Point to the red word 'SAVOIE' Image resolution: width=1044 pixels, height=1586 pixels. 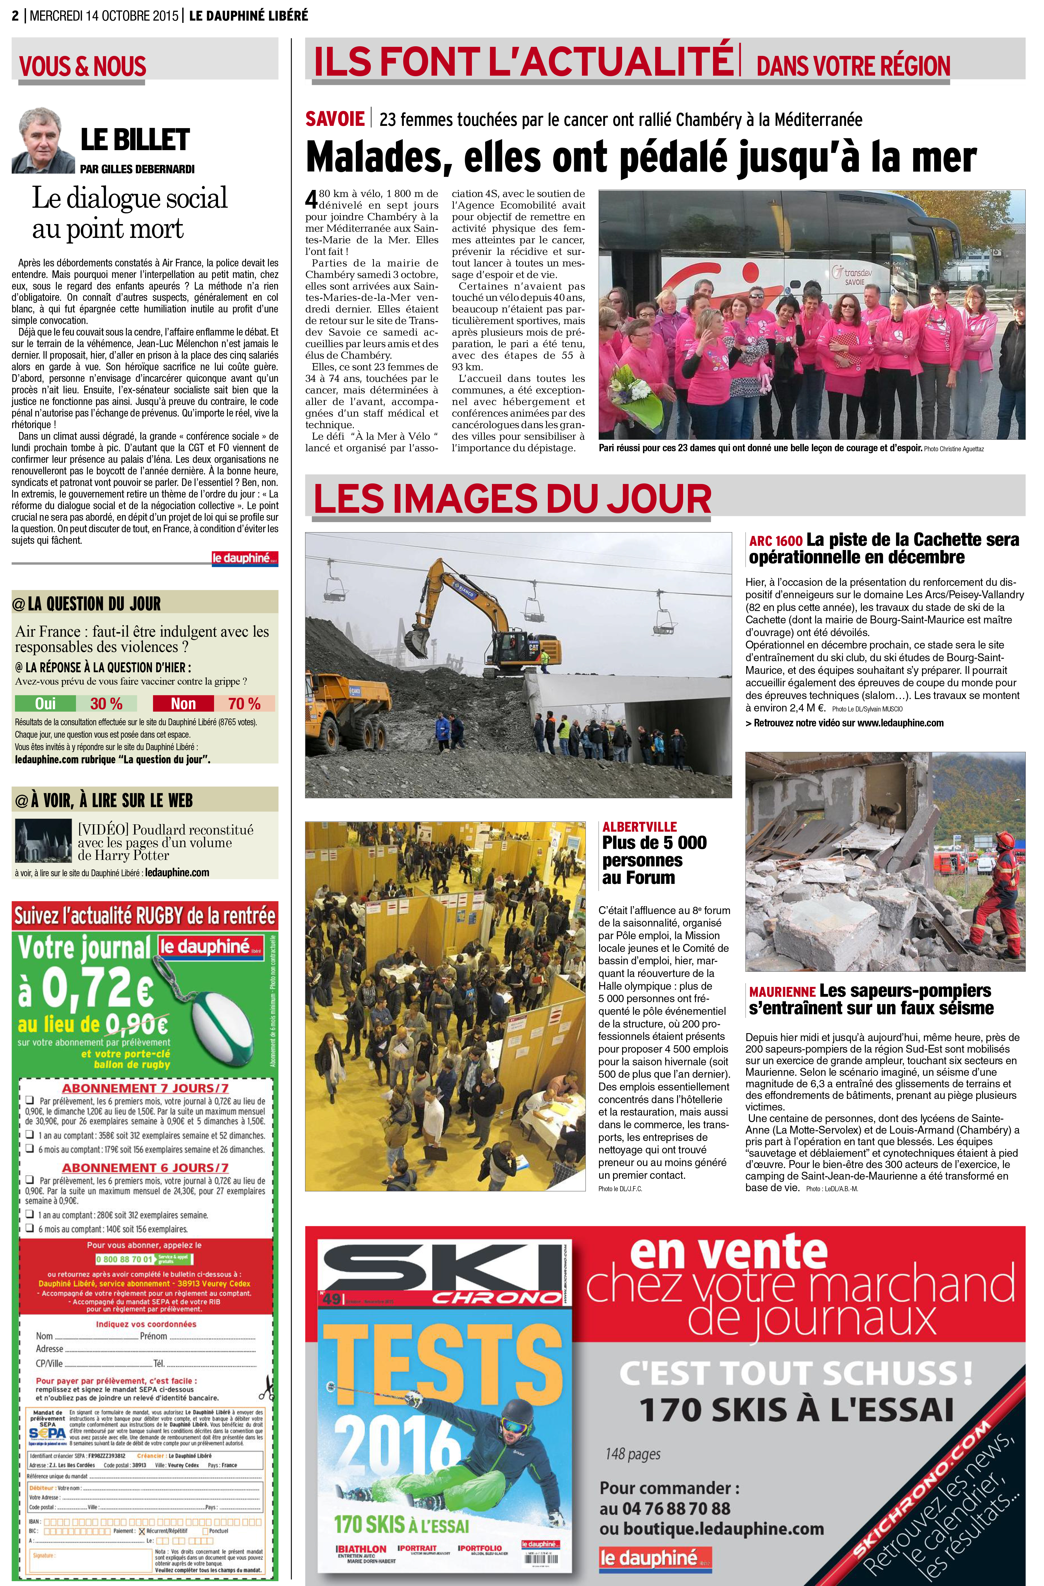(335, 119)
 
